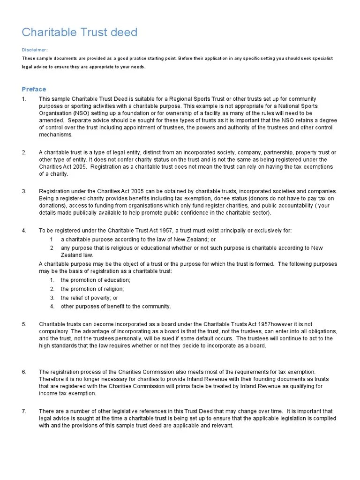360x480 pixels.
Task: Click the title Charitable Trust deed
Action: tap(80, 32)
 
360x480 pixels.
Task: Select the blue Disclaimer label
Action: tap(34, 50)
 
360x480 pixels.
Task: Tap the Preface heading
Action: tap(34, 89)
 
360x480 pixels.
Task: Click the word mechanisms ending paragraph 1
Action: tap(56, 135)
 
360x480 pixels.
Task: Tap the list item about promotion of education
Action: tap(96, 280)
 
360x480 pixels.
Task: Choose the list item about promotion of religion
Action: tap(92, 289)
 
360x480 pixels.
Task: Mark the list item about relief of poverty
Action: tap(90, 298)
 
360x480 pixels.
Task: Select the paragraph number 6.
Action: tap(24, 372)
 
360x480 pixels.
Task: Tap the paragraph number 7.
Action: tap(24, 411)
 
